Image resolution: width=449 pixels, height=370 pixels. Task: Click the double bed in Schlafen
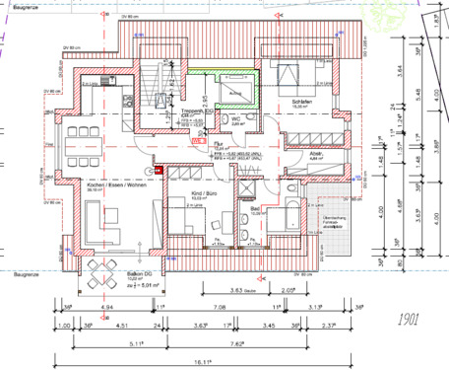[285, 80]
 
